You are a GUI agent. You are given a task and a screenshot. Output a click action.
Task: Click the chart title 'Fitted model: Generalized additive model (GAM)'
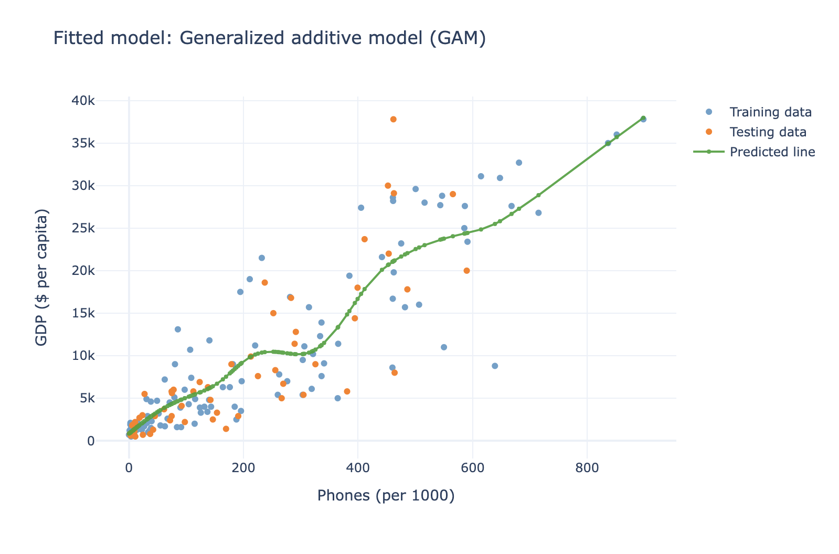tap(270, 38)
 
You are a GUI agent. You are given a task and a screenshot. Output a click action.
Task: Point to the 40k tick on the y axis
tap(83, 100)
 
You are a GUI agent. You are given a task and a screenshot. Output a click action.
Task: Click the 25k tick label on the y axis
tap(83, 228)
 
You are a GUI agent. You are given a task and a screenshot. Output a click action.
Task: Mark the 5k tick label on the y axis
tap(87, 398)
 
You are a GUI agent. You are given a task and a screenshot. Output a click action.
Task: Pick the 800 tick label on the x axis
tap(587, 468)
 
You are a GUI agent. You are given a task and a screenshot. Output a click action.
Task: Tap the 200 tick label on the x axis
tap(243, 468)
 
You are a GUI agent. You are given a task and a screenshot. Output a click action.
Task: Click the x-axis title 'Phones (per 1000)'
tap(386, 496)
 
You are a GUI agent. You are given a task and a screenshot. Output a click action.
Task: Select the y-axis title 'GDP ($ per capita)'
tap(41, 278)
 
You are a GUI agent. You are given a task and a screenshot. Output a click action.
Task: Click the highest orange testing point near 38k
tap(394, 120)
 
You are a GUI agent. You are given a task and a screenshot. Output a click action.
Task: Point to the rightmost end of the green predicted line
tap(643, 118)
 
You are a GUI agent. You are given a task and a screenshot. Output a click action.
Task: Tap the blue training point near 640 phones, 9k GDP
tap(495, 366)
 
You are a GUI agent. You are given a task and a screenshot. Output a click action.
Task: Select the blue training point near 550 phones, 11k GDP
tap(444, 347)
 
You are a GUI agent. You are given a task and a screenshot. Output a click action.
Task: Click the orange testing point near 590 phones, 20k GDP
tap(466, 271)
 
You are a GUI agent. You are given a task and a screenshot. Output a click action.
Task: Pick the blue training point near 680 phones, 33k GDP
tap(519, 163)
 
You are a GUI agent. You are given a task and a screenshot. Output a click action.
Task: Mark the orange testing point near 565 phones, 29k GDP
tap(453, 194)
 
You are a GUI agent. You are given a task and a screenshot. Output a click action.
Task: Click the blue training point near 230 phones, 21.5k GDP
tap(262, 258)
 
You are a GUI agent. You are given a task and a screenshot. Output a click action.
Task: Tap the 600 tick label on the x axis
tap(473, 468)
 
